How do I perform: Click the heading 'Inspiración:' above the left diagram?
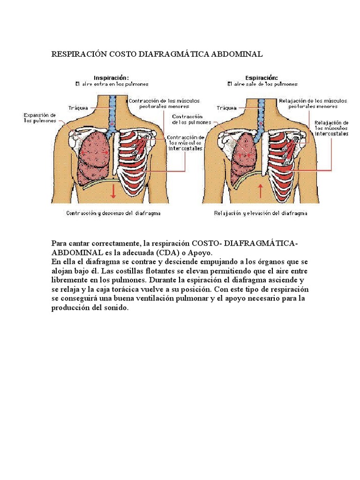(x=111, y=77)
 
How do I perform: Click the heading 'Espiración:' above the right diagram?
(x=261, y=77)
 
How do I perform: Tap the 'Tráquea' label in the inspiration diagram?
(x=77, y=107)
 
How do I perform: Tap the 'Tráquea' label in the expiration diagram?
(x=226, y=107)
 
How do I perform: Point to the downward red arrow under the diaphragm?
(x=113, y=190)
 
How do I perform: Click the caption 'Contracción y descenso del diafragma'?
(x=113, y=213)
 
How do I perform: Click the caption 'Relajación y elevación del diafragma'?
(x=261, y=213)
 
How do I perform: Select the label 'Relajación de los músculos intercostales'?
(x=331, y=128)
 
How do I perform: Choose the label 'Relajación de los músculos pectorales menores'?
(x=313, y=103)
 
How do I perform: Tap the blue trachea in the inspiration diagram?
(x=112, y=112)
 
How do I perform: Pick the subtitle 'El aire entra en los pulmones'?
(x=112, y=84)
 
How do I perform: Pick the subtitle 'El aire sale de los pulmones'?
(x=262, y=84)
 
